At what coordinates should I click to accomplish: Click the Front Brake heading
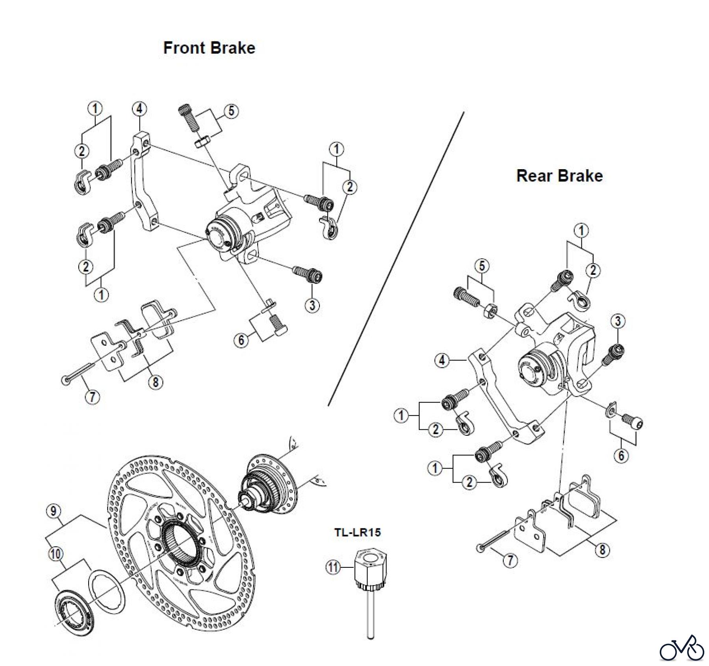coord(209,48)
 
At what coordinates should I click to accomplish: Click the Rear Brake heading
coord(559,176)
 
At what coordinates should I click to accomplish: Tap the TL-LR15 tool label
coord(358,532)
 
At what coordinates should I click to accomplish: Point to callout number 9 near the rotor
coord(54,511)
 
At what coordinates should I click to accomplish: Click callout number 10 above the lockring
coord(56,554)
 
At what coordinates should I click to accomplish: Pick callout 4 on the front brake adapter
coord(139,109)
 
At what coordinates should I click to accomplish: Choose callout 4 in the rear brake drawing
coord(442,360)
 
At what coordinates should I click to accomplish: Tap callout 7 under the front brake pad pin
coord(93,396)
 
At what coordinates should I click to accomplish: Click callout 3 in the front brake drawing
coord(312,305)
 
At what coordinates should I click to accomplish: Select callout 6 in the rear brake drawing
coord(622,455)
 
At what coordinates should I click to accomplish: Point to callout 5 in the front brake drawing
coord(231,111)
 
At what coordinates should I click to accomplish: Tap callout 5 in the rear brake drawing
coord(482,266)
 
